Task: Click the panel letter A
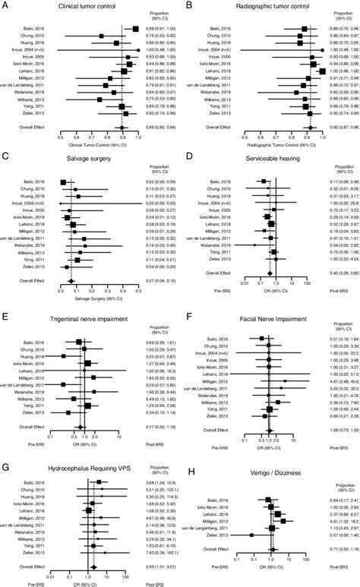pyautogui.click(x=7, y=7)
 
